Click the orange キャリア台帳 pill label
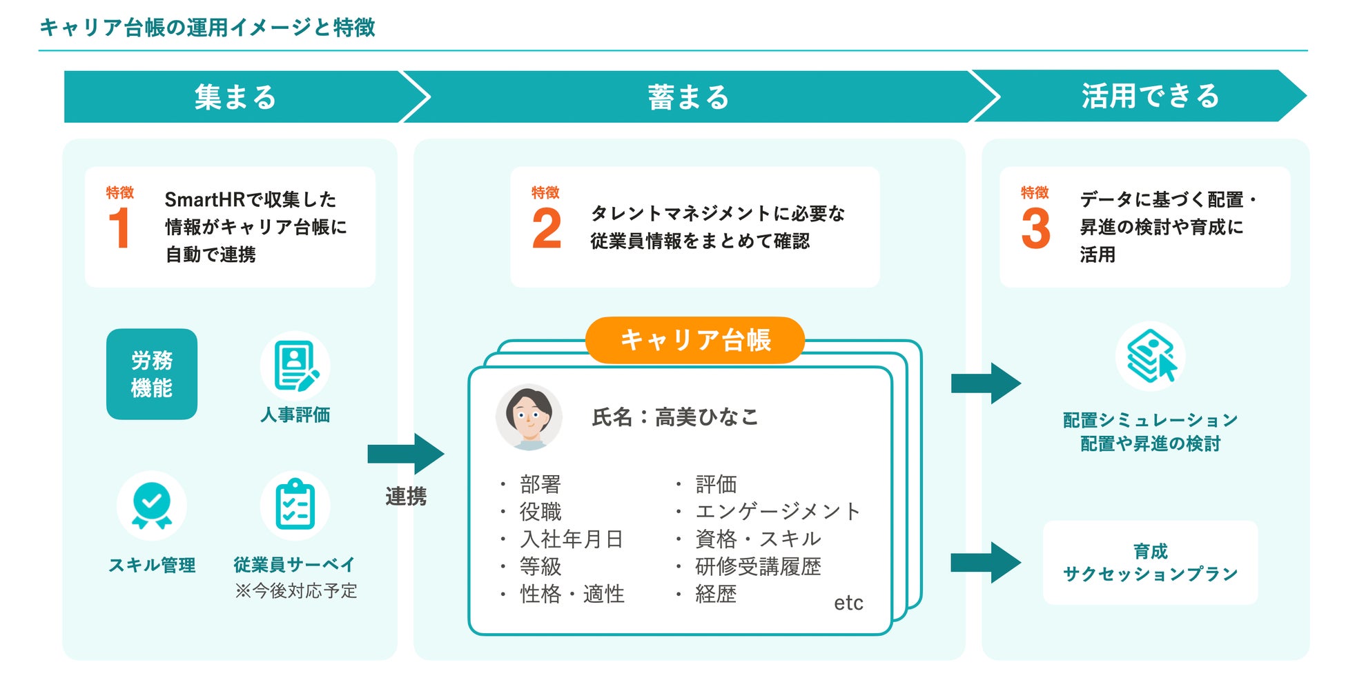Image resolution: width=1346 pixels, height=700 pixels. coord(694,340)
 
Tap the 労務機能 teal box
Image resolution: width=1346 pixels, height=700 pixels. coord(152,374)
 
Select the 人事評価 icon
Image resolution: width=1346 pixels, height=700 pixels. coord(295,366)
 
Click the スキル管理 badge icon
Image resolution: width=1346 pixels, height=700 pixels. coord(152,506)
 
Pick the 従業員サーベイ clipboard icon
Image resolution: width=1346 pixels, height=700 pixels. coord(295,506)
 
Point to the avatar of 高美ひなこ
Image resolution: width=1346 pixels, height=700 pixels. coord(529,417)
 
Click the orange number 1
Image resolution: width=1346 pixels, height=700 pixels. coord(119,228)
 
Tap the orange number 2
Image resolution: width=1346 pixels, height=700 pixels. coord(547,229)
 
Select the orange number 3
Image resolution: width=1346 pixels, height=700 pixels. coord(1035,229)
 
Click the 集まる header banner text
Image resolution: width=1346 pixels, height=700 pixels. coord(235,97)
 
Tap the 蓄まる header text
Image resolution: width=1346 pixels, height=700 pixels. coord(688,97)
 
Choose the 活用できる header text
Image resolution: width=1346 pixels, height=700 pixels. coord(1150,96)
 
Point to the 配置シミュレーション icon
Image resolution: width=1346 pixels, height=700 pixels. coord(1151,356)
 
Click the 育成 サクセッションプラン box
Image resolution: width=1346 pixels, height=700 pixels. coord(1150,563)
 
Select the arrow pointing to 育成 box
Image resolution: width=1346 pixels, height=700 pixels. coord(985,563)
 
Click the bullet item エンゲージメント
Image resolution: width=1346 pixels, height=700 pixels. coord(778,511)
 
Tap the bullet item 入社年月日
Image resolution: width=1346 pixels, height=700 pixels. coord(572,539)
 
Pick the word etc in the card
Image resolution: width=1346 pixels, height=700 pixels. coord(848,603)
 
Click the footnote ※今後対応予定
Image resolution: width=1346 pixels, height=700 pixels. coord(296,591)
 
